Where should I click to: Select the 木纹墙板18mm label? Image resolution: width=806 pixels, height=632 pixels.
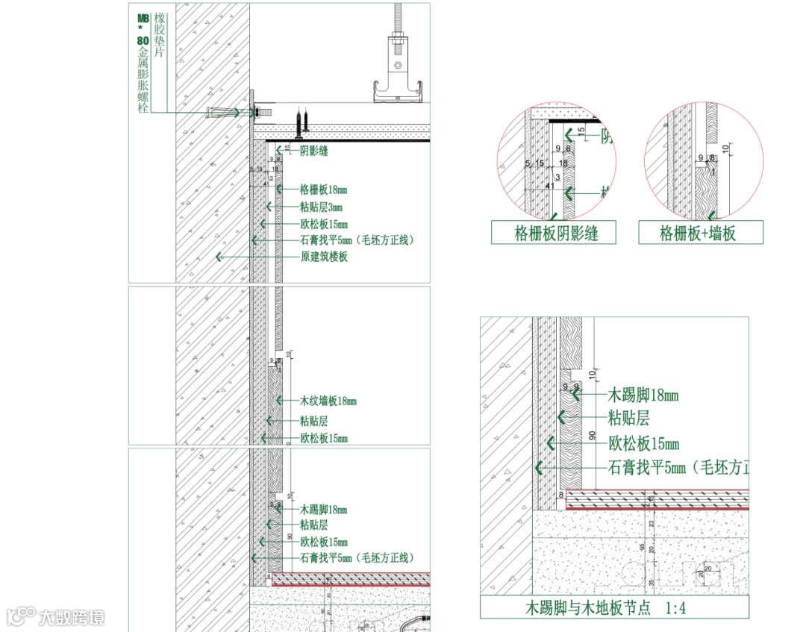328,401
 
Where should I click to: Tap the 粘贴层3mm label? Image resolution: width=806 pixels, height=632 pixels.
321,207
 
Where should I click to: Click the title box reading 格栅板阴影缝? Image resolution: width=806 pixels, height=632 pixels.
554,233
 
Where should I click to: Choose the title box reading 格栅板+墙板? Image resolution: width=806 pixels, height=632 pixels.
701,233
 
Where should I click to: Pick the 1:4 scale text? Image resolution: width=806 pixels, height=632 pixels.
674,608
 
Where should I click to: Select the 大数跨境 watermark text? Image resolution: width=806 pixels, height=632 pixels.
72,617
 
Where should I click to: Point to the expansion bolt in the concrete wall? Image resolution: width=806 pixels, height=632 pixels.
224,113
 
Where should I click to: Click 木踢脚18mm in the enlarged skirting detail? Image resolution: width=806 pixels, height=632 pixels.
643,395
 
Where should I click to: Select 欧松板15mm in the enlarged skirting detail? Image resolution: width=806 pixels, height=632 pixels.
643,444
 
